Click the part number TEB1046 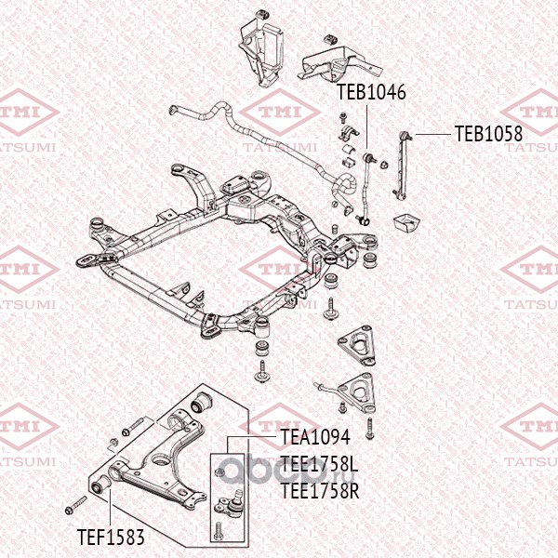tap(371, 92)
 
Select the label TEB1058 tap(488, 134)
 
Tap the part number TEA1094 tap(315, 437)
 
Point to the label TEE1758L tap(319, 464)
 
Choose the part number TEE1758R tap(320, 491)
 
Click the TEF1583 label tap(111, 537)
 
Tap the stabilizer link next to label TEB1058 tap(402, 165)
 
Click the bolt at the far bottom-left tap(76, 505)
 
